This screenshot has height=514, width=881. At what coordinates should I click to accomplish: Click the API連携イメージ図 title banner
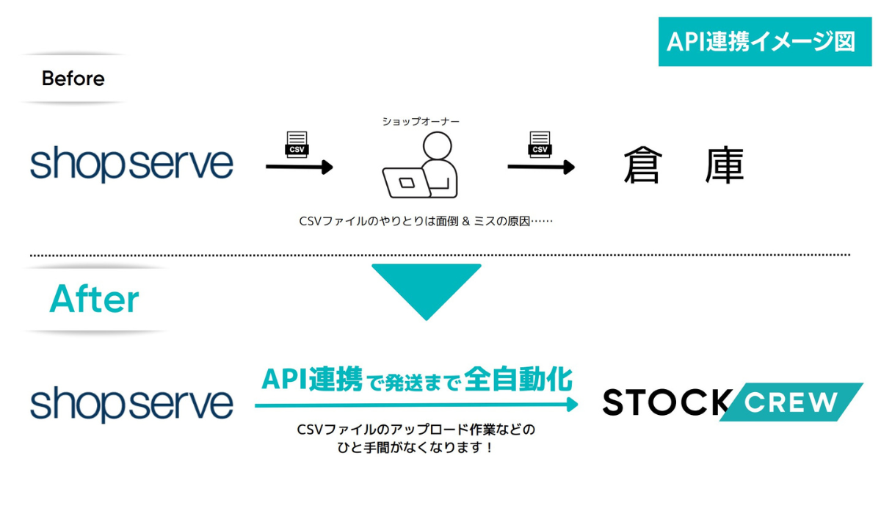pos(764,41)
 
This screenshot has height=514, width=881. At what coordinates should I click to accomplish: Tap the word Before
pos(73,79)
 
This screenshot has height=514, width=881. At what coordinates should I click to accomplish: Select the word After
pos(95,299)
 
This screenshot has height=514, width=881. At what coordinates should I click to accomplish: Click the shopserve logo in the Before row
pos(131,164)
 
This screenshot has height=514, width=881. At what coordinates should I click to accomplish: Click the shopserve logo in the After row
pos(131,404)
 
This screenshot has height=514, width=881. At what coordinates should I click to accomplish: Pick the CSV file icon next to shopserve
pos(297,145)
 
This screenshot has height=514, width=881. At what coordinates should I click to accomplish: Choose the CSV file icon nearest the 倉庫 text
pos(540,145)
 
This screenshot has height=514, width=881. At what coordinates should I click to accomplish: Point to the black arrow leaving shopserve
pos(300,167)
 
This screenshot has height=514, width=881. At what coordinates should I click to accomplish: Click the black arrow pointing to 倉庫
pos(541,167)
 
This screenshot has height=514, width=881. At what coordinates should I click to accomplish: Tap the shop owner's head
pos(437,145)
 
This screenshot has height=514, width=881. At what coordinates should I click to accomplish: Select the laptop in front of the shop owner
pos(406,183)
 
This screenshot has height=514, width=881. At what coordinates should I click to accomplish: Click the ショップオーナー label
pos(421,121)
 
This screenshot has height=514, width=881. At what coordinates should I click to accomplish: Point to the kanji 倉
pos(643,164)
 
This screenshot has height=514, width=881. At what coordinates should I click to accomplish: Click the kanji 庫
pos(725,164)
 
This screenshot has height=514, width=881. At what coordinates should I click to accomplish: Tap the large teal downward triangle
pos(427,292)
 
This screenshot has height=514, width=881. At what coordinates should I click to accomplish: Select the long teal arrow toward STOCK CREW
pos(416,405)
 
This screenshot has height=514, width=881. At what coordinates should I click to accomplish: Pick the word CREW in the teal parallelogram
pos(791,402)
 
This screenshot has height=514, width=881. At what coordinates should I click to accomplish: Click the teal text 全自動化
pos(518,379)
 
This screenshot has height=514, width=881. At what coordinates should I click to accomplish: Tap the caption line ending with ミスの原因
pos(426,222)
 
